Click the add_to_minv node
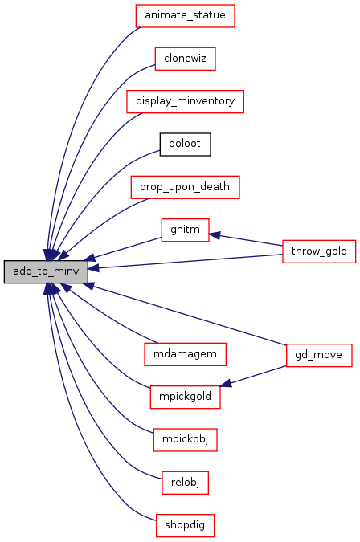[x=46, y=271]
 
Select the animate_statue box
[x=185, y=16]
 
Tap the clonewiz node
[x=185, y=59]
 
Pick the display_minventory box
[x=185, y=102]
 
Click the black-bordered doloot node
[x=185, y=145]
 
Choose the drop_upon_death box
[x=185, y=187]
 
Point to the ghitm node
[x=185, y=230]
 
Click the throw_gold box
[x=319, y=251]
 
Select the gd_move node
[x=319, y=355]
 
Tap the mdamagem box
[x=185, y=354]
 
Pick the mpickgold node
[x=185, y=397]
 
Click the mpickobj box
[x=185, y=440]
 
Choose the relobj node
[x=185, y=483]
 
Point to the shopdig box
[x=185, y=525]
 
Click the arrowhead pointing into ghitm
[x=215, y=235]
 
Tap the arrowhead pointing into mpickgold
[x=226, y=383]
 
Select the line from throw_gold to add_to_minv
[x=186, y=262]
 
